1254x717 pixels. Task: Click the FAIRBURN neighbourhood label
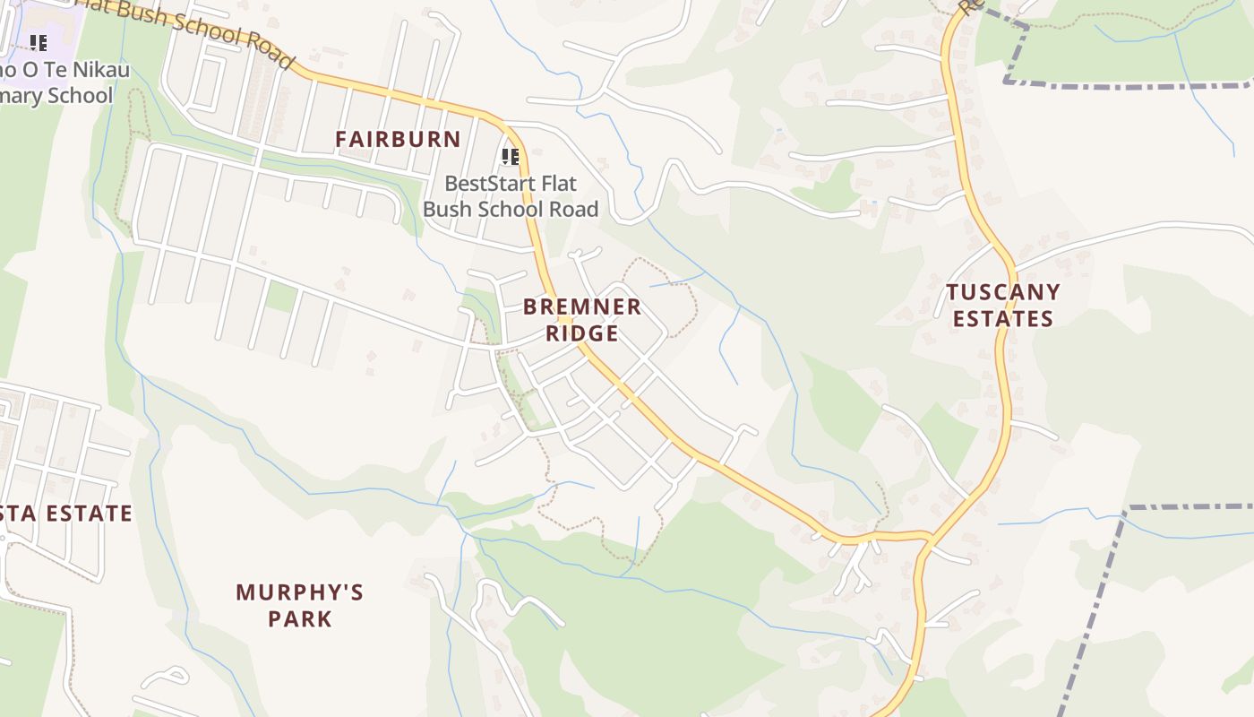(398, 139)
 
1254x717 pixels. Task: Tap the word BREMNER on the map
(582, 307)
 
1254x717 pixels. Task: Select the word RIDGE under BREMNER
(582, 333)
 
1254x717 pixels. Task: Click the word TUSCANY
(1002, 292)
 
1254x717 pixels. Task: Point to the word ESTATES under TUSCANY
(1002, 319)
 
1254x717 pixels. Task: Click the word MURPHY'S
(299, 592)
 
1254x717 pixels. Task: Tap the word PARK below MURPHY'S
(299, 619)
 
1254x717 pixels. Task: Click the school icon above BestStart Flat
(511, 158)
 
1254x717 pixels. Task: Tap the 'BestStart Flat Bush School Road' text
(511, 196)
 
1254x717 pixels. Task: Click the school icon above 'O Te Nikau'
(39, 42)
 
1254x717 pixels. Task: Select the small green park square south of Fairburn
(281, 296)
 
